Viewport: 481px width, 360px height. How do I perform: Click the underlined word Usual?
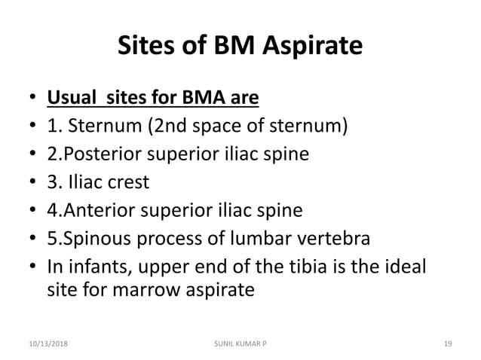coord(71,98)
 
